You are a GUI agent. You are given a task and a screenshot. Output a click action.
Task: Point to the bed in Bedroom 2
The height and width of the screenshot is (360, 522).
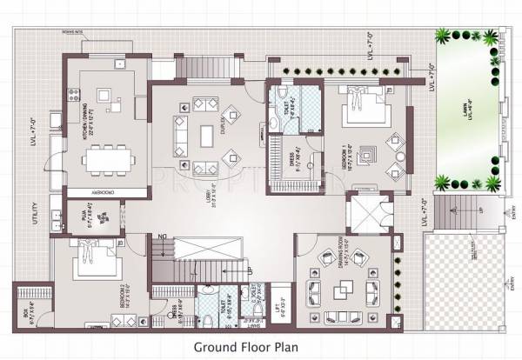90,258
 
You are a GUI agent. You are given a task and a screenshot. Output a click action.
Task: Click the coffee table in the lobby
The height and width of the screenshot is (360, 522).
206,136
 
